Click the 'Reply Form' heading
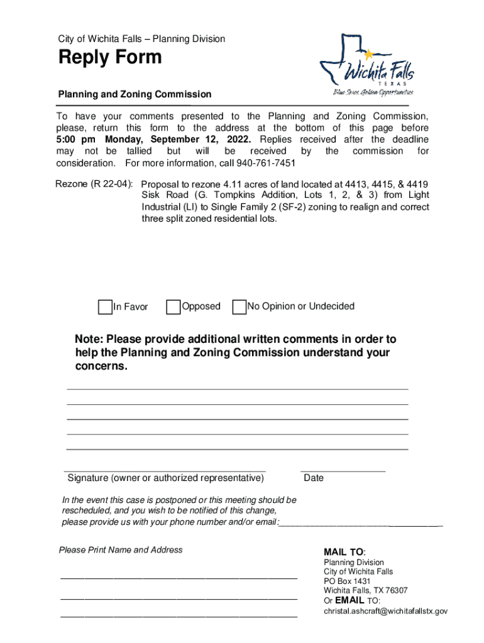pyautogui.click(x=110, y=58)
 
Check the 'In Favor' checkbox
pyautogui.click(x=105, y=307)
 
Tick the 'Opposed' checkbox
pyautogui.click(x=173, y=307)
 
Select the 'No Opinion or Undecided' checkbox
pyautogui.click(x=239, y=307)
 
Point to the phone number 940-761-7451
pyautogui.click(x=266, y=163)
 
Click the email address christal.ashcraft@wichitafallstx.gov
pyautogui.click(x=385, y=611)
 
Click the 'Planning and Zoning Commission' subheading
pyautogui.click(x=135, y=94)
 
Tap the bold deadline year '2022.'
pyautogui.click(x=239, y=139)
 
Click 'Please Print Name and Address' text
pyautogui.click(x=121, y=550)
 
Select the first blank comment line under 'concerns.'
pyautogui.click(x=237, y=389)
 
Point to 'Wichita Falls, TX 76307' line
pyautogui.click(x=365, y=591)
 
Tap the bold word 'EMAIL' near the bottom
pyautogui.click(x=349, y=600)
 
